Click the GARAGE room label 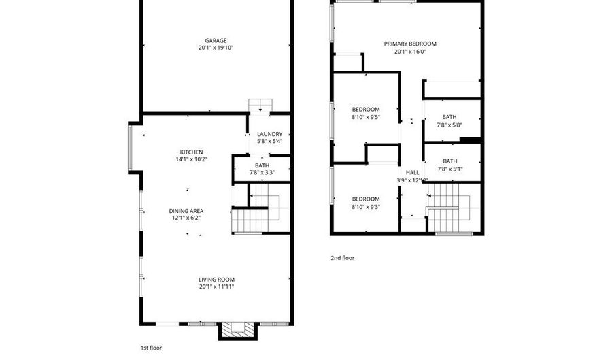click(x=216, y=41)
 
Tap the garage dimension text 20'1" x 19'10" click(x=216, y=48)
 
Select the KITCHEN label click(x=191, y=152)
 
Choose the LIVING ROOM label click(x=216, y=279)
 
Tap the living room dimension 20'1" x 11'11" click(x=216, y=287)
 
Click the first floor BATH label click(x=262, y=165)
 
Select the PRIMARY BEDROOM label click(x=409, y=44)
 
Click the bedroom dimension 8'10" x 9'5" click(x=365, y=117)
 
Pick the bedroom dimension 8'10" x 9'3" click(x=365, y=207)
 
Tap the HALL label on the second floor click(x=412, y=173)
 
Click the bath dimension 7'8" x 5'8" click(x=449, y=125)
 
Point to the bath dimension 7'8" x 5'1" click(x=449, y=169)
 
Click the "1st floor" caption click(x=151, y=348)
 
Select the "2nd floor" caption click(x=342, y=258)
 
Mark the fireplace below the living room click(x=237, y=330)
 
